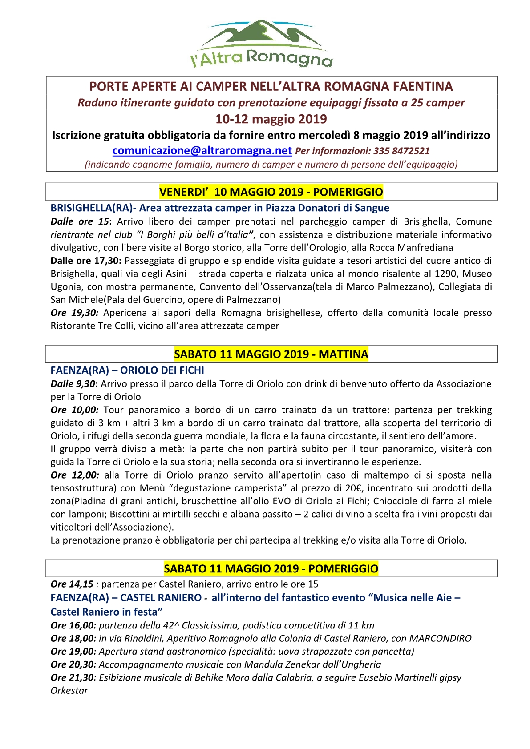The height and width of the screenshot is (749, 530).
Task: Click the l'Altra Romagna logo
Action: [262, 44]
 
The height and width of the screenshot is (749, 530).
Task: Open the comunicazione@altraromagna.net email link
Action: [202, 151]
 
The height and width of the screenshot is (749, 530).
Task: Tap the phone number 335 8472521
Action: [401, 151]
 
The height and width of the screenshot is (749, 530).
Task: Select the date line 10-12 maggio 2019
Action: [271, 119]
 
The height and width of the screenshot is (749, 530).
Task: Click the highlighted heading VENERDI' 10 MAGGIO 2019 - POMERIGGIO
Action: [271, 192]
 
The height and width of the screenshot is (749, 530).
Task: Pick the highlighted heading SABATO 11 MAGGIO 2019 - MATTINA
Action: [271, 354]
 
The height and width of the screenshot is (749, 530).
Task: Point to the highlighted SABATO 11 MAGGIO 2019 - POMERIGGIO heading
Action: [271, 569]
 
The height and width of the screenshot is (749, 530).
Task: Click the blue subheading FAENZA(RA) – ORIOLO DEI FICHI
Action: [127, 370]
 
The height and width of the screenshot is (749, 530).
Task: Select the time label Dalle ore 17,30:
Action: [86, 261]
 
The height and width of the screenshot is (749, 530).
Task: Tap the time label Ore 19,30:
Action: [74, 313]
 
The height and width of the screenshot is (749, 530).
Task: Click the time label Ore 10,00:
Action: [74, 410]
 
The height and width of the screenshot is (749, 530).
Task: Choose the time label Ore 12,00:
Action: [74, 475]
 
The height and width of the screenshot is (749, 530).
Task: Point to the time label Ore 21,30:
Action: [73, 677]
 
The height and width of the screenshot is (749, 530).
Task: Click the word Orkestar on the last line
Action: [69, 691]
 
